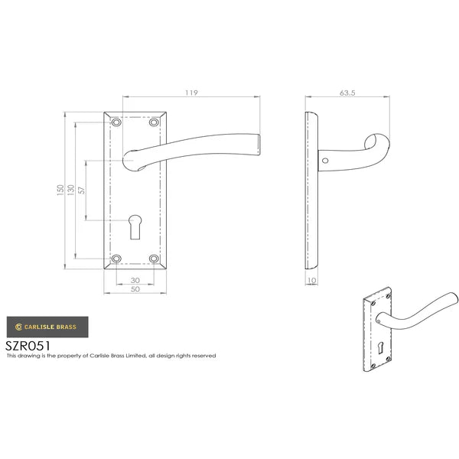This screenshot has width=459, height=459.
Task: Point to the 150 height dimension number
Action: [x=60, y=191]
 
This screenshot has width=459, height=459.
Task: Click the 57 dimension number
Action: [x=83, y=191]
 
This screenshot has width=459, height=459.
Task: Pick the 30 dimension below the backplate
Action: [x=136, y=279]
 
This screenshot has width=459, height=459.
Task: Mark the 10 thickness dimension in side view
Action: [x=311, y=281]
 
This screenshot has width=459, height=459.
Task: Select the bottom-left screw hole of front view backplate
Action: [x=117, y=259]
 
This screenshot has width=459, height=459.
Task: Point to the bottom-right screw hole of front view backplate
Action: [x=155, y=259]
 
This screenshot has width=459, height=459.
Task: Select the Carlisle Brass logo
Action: [x=47, y=327]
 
